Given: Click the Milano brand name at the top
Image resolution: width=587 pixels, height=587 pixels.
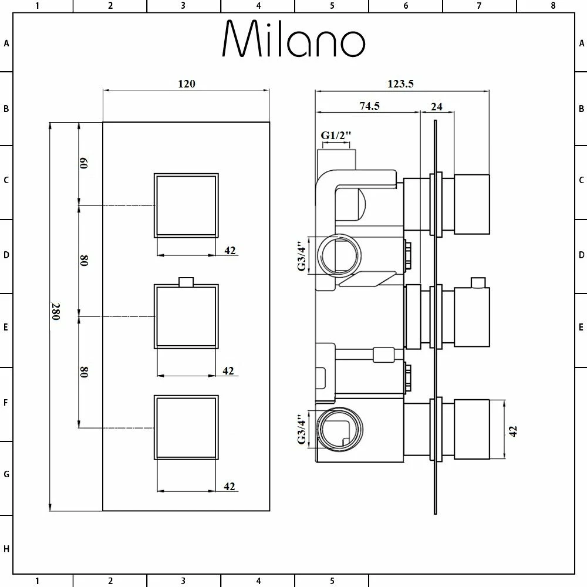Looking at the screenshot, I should pyautogui.click(x=293, y=40).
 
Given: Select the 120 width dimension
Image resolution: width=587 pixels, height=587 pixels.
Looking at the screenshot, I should pyautogui.click(x=187, y=84).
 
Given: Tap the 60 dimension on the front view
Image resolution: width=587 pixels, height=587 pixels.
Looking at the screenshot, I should pyautogui.click(x=84, y=163).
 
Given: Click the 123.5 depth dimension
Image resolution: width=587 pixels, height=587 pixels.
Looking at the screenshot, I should pyautogui.click(x=401, y=84).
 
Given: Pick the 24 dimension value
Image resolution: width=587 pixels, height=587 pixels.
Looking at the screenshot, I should pyautogui.click(x=436, y=106).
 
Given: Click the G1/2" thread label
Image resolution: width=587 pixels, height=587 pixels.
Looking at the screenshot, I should pyautogui.click(x=336, y=136).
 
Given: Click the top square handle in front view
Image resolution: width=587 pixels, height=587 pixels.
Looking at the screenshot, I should pyautogui.click(x=186, y=205).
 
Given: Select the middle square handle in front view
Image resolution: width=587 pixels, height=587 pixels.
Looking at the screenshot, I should pyautogui.click(x=186, y=316).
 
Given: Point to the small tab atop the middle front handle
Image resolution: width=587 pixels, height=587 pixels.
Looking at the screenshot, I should pyautogui.click(x=186, y=282).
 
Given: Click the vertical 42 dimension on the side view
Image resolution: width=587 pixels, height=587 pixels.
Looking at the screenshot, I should pyautogui.click(x=514, y=430).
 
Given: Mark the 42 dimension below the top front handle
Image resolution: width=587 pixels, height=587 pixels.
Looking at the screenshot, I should pyautogui.click(x=230, y=251).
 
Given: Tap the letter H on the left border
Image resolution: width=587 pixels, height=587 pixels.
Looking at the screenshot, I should pyautogui.click(x=6, y=549).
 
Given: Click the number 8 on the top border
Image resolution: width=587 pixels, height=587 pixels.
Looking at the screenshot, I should pyautogui.click(x=553, y=6).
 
